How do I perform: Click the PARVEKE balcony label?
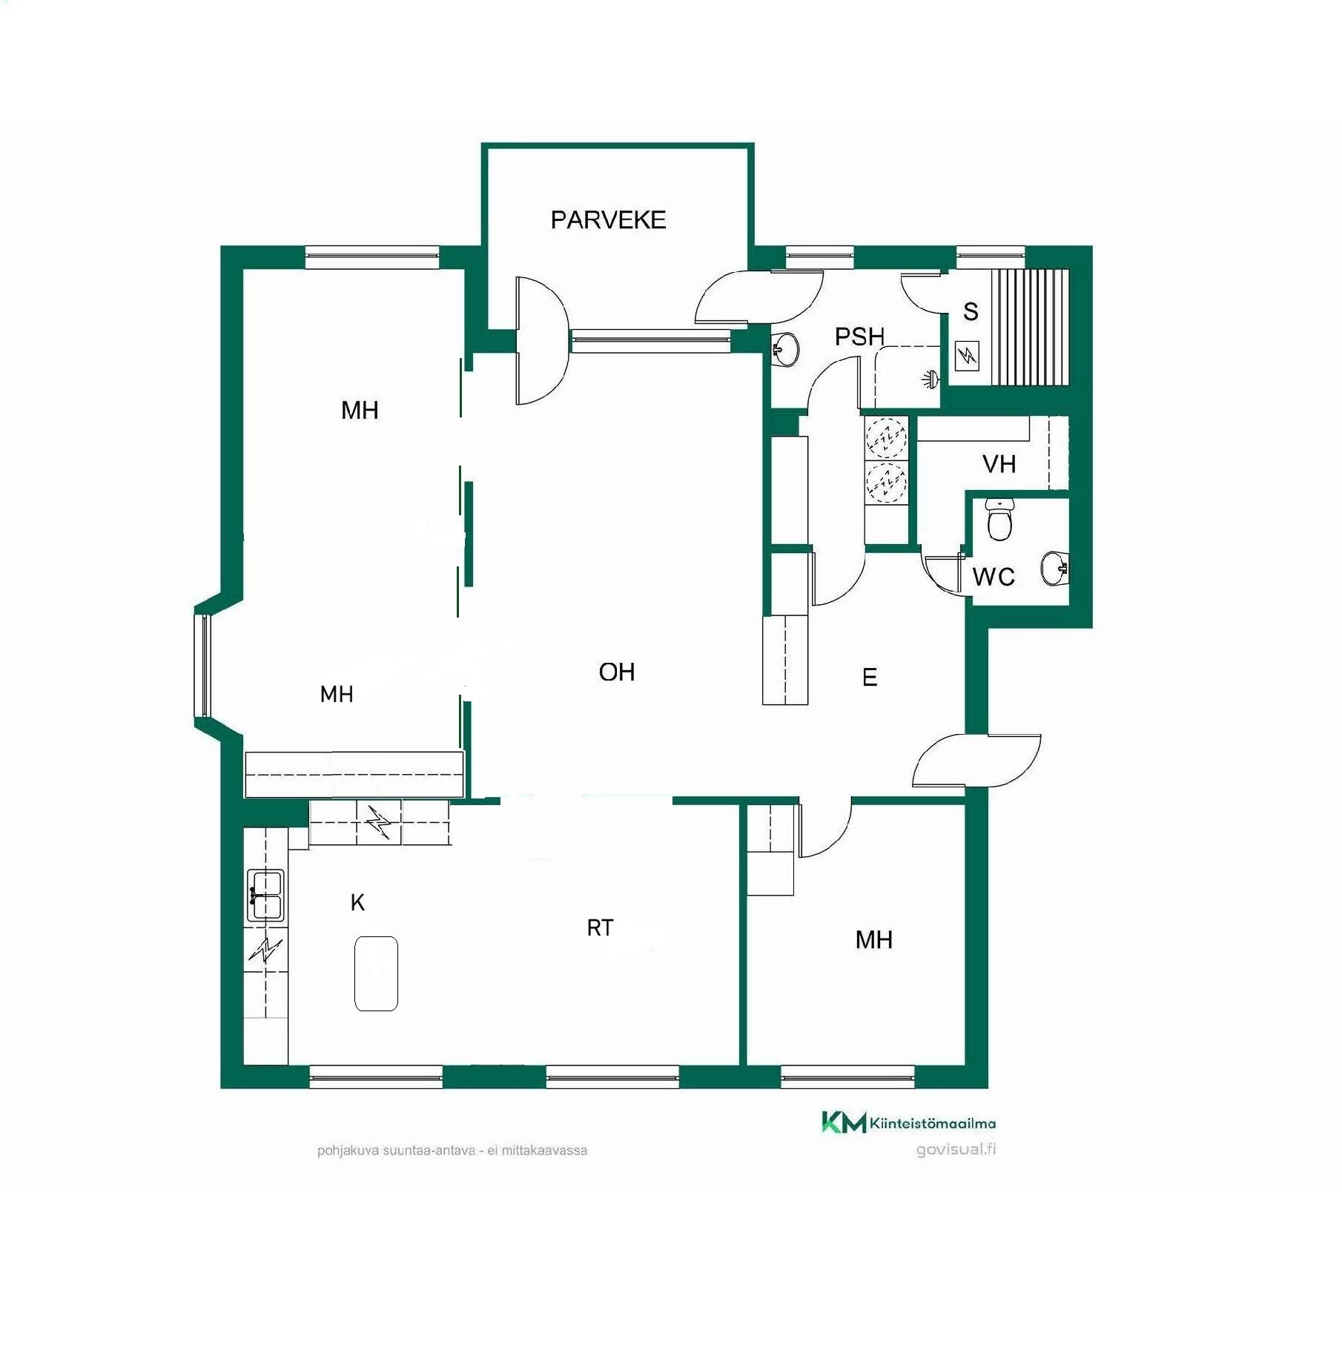(608, 219)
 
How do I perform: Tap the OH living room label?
(617, 672)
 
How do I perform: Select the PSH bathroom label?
(860, 337)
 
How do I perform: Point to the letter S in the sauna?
(971, 311)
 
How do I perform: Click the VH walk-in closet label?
(999, 464)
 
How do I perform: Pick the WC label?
(994, 577)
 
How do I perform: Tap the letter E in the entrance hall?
(870, 677)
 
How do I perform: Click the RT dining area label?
(600, 927)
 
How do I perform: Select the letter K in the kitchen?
(357, 902)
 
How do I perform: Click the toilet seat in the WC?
(1000, 519)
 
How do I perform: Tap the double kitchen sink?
(265, 895)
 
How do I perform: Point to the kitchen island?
(376, 973)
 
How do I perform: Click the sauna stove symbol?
(967, 356)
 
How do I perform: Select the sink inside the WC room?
(1054, 569)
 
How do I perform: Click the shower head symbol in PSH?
(931, 380)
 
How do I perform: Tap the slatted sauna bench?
(1031, 327)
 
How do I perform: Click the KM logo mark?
(844, 1122)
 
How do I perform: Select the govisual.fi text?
(956, 1149)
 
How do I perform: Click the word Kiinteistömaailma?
(933, 1123)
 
